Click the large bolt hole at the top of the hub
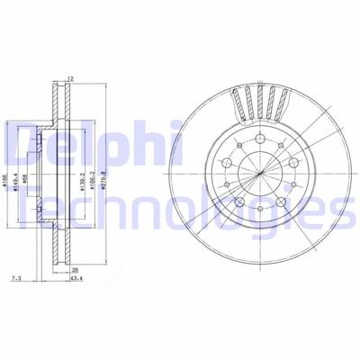tap(257, 140)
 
